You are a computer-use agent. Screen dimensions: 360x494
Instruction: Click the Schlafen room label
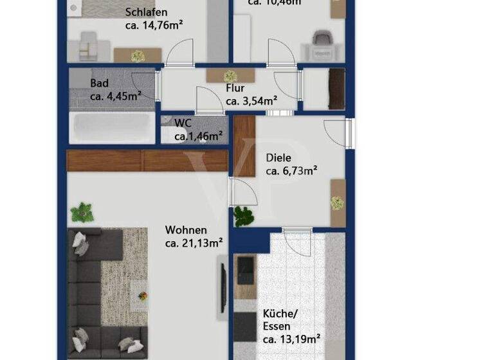[x=147, y=12]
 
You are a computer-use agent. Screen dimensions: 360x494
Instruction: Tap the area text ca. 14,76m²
[x=154, y=26]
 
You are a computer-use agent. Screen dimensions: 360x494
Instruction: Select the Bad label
[x=99, y=83]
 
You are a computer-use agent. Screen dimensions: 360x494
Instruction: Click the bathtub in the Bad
[x=113, y=129]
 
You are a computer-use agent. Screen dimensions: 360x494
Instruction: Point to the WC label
[x=183, y=122]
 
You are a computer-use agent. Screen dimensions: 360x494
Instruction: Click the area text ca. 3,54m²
[x=252, y=100]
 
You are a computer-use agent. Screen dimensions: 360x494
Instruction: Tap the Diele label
[x=279, y=157]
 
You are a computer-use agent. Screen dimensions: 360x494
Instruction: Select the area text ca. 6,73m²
[x=292, y=171]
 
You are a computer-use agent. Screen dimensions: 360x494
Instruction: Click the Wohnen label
[x=186, y=230]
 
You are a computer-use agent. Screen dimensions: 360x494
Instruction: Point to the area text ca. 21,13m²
[x=194, y=243]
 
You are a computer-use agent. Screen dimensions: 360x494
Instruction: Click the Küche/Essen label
[x=280, y=319]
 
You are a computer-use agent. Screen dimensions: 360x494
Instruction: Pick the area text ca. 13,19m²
[x=291, y=339]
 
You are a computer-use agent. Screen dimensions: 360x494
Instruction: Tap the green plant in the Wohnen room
[x=82, y=212]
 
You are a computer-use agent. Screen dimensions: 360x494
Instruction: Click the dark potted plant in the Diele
[x=244, y=216]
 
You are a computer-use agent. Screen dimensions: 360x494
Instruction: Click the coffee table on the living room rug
[x=140, y=292]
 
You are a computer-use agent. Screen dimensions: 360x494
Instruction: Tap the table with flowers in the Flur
[x=230, y=75]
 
